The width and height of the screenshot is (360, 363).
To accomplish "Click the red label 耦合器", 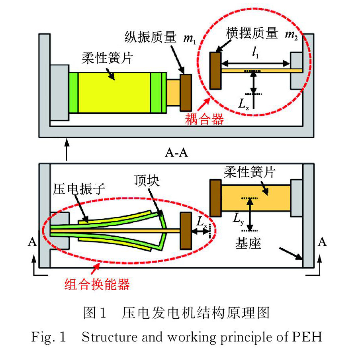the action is click(204, 119).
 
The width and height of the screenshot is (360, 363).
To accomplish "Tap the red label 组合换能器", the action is click(97, 284).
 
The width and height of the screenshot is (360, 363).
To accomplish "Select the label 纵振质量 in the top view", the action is click(151, 37).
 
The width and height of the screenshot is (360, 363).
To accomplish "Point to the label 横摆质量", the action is click(252, 33).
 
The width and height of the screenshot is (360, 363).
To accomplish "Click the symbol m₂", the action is click(291, 35).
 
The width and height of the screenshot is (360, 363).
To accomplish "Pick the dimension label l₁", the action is click(255, 52).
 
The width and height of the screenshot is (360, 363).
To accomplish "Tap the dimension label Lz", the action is click(244, 104).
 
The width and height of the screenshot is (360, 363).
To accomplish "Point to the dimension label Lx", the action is click(202, 222).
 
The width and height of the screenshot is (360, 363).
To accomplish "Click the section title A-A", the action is click(176, 153).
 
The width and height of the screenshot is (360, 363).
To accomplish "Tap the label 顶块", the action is click(147, 181).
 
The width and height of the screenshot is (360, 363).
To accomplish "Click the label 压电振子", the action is click(79, 189).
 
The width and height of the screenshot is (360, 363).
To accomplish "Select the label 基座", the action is click(248, 243).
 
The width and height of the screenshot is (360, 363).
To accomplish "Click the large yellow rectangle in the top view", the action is click(114, 92).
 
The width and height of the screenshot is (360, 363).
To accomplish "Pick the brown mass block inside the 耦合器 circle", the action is click(215, 71).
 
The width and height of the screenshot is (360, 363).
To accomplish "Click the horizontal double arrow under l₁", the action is click(255, 63).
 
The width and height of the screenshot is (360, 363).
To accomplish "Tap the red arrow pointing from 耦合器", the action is click(204, 104).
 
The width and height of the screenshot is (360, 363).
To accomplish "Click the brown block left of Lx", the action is click(186, 231).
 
